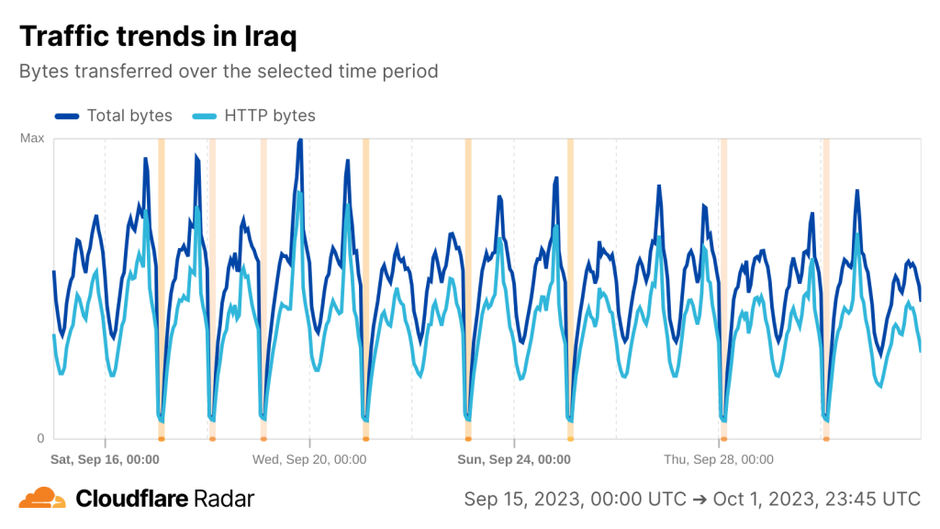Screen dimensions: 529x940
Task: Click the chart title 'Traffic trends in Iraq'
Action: [158, 37]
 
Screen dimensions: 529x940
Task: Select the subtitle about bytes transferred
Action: [229, 71]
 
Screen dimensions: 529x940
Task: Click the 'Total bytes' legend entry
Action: [129, 116]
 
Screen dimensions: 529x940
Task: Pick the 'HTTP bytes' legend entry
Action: [270, 116]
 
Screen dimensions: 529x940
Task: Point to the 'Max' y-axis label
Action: [32, 139]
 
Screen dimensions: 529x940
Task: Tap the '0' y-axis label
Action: [40, 438]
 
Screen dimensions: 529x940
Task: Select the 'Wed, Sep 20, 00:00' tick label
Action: [309, 459]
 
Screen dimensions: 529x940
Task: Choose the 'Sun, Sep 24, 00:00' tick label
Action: [514, 459]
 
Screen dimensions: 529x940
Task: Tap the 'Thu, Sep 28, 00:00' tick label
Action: [719, 459]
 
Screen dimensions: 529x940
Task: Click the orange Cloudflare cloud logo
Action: [42, 499]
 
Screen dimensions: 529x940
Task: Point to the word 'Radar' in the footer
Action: [225, 499]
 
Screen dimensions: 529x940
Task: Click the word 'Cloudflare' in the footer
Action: [133, 499]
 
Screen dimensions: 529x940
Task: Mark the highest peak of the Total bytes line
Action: [300, 141]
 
